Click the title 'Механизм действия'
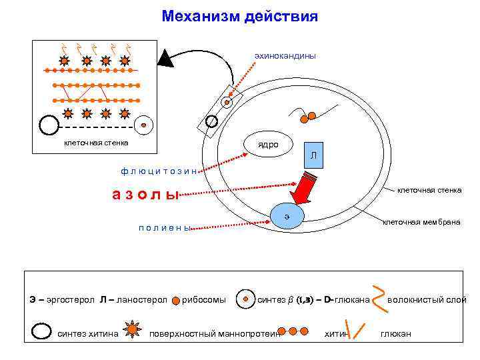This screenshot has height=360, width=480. point(239,15)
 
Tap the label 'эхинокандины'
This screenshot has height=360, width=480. point(285,55)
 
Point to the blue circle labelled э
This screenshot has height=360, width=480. point(287,215)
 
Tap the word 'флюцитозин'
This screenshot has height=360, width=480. point(159,171)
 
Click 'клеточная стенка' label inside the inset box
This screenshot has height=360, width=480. point(96,143)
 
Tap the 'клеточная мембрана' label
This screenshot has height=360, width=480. point(421,221)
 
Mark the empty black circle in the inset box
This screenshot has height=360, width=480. point(49,125)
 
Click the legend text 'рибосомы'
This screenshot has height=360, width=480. point(204,299)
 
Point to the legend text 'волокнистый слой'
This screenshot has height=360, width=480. point(427,299)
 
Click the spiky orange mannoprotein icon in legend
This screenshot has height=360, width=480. point(133,330)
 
